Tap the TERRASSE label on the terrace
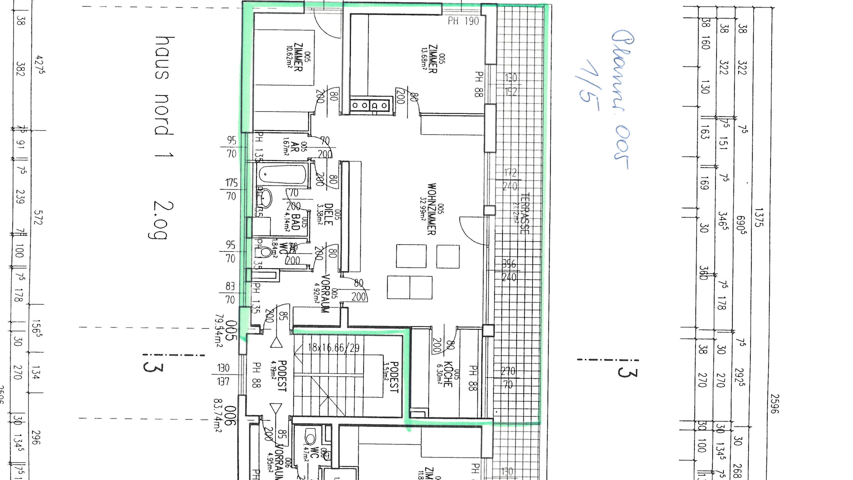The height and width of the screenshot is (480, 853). coord(524,214)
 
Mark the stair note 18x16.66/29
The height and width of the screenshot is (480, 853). coord(333,348)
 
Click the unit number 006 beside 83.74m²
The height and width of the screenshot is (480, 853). coord(231,416)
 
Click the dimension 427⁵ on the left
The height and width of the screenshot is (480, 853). coord(40,66)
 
